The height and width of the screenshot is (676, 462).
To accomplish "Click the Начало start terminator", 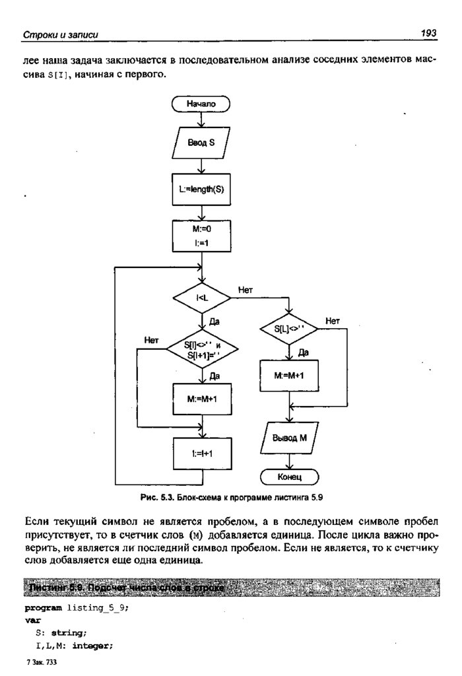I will [201, 104].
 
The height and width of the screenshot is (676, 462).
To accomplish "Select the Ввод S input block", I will [201, 142].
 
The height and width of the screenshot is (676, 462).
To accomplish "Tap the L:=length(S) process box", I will [201, 189].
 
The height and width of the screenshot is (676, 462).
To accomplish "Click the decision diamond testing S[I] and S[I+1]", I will [201, 351].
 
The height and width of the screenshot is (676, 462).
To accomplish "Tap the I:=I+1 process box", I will [201, 454].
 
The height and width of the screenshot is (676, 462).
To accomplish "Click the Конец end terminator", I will [289, 476].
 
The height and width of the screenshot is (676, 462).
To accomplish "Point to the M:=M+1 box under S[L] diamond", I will [289, 376].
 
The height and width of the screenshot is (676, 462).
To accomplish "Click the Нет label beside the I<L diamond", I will [245, 290].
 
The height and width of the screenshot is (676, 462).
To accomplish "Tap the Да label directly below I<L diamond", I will [214, 321].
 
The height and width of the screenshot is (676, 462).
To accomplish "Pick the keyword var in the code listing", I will [32, 621].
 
